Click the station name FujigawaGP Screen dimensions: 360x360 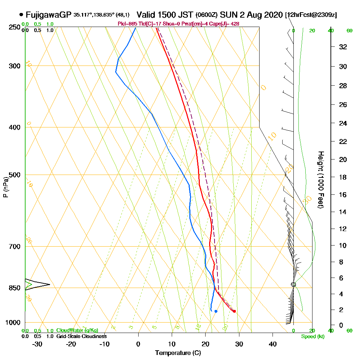49,15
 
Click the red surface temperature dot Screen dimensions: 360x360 234,311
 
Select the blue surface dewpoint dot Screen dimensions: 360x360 216,311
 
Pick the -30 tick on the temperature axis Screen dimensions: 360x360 37,344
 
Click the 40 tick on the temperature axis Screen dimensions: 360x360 273,344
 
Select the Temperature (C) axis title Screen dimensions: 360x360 178,353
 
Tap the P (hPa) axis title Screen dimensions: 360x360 5,187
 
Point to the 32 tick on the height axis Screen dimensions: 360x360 343,47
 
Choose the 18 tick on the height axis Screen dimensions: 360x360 343,177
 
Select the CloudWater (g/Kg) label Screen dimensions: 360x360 77,330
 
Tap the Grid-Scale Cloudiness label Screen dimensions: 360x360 81,336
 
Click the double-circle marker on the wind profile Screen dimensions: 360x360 293,284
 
